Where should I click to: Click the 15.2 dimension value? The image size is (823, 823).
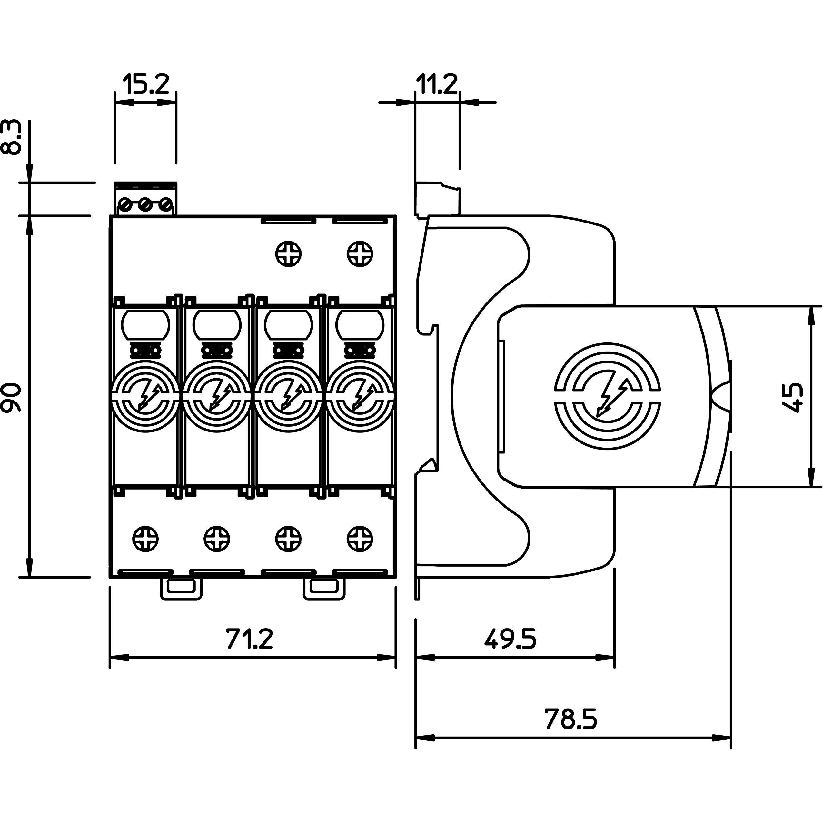click(146, 84)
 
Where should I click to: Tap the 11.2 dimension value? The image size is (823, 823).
click(436, 84)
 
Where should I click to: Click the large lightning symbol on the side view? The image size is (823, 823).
click(608, 397)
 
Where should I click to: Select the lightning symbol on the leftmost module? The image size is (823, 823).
click(146, 396)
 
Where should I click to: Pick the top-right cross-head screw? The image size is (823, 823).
click(360, 254)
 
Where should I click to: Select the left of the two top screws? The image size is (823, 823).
click(288, 254)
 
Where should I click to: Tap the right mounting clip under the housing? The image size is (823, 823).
click(324, 588)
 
